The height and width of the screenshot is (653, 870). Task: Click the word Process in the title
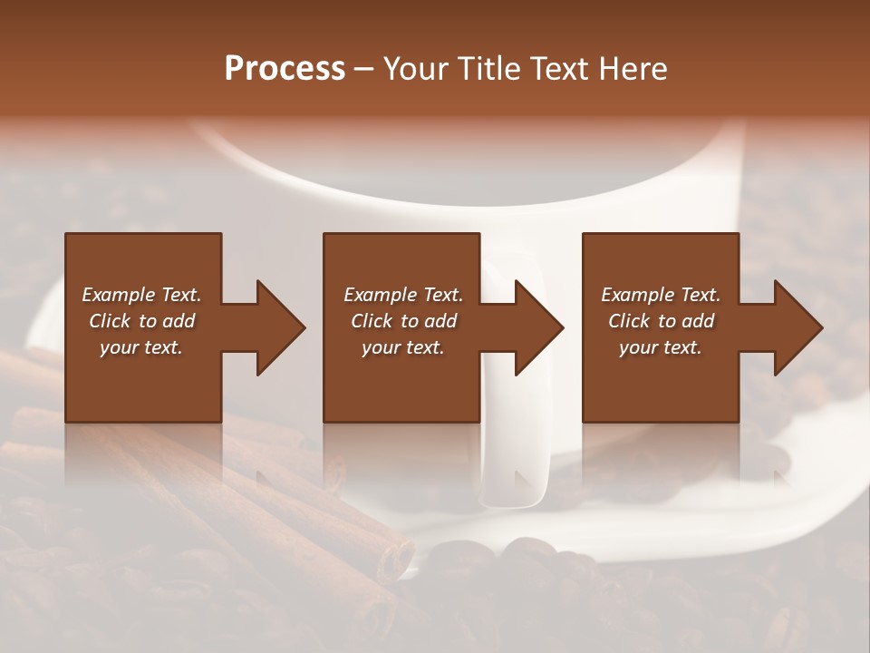coord(285,69)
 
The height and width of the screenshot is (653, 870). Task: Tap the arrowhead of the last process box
coord(797,327)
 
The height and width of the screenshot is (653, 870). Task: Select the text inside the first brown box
coord(141,321)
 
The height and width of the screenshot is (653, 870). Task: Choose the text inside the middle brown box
coord(402,321)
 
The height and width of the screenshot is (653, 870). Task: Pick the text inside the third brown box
coord(660,321)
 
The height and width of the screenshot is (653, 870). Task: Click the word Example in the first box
coord(118,295)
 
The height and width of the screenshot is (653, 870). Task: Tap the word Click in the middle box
coord(372,321)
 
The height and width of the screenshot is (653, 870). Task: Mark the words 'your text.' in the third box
coord(660,347)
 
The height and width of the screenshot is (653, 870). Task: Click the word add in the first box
coord(179,321)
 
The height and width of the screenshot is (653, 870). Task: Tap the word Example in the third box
coord(636,295)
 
